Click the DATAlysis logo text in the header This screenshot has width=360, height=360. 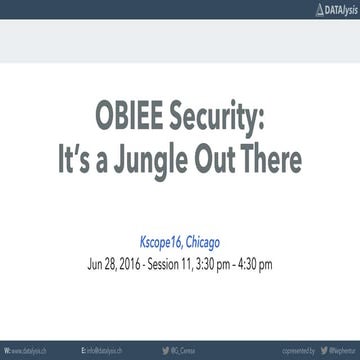coord(334,8)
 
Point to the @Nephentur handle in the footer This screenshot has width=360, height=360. coord(336,352)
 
